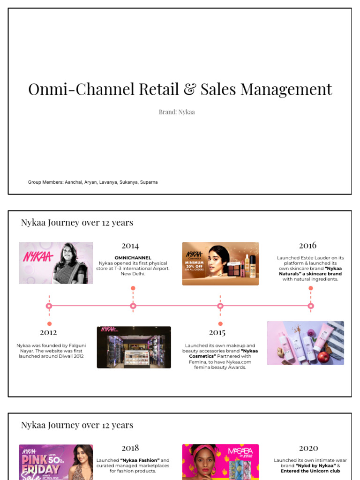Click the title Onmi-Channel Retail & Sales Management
180,89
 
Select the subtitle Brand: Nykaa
177,112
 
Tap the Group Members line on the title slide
93,182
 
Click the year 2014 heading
130,246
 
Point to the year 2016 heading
307,245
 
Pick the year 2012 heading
48,332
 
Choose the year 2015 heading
217,332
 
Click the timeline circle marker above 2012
49,306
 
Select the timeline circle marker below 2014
133,306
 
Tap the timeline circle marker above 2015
220,306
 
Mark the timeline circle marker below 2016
311,306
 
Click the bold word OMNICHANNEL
133,258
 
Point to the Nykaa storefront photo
134,347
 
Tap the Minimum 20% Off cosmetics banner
220,263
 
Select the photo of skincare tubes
306,343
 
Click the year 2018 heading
130,448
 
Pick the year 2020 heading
308,449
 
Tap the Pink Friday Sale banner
56,462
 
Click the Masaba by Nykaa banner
220,462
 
